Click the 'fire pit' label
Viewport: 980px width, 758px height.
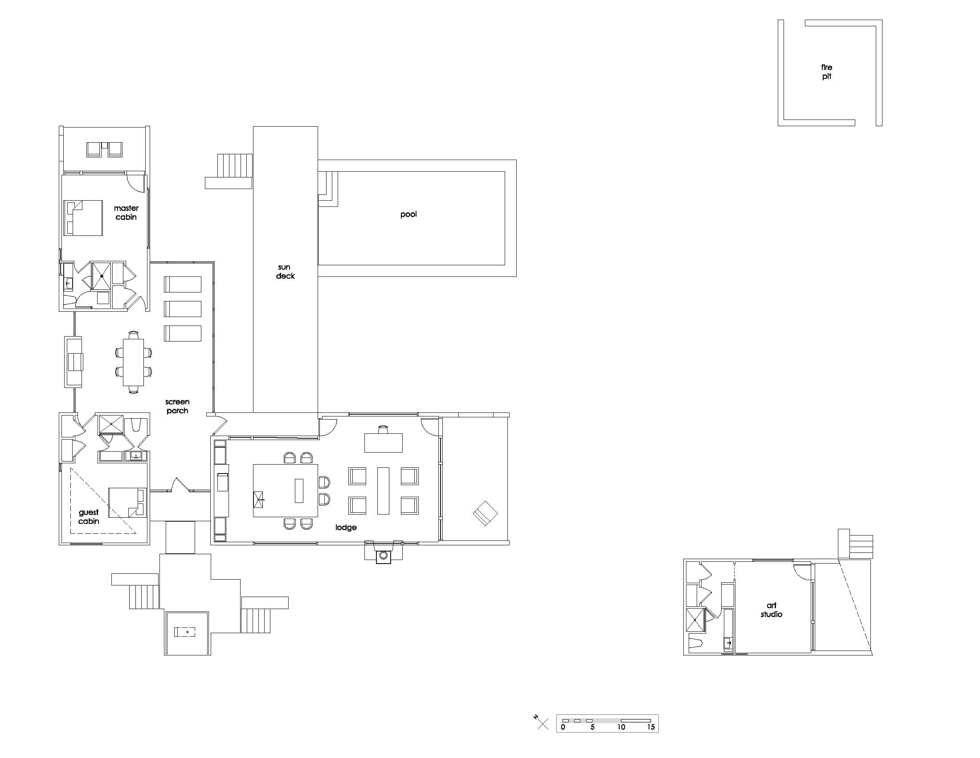point(826,72)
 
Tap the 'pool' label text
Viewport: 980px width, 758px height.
point(408,214)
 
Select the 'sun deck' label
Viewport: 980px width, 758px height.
point(285,272)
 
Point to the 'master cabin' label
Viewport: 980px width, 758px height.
point(126,212)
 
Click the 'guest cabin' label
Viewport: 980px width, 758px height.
point(88,516)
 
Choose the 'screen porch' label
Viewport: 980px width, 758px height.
point(177,406)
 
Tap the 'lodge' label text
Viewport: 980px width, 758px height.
point(346,527)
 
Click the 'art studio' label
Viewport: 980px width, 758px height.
point(771,610)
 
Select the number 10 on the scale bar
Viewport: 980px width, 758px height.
point(621,727)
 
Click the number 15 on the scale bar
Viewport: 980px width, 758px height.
point(651,727)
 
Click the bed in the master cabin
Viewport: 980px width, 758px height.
point(83,218)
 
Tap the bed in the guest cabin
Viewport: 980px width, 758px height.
point(127,503)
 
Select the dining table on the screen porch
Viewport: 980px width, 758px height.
point(133,362)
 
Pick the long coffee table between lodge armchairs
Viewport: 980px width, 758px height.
point(383,490)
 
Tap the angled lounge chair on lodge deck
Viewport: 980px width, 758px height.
point(485,513)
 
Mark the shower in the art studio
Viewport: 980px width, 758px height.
point(695,620)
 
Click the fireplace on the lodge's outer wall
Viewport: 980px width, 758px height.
point(383,555)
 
